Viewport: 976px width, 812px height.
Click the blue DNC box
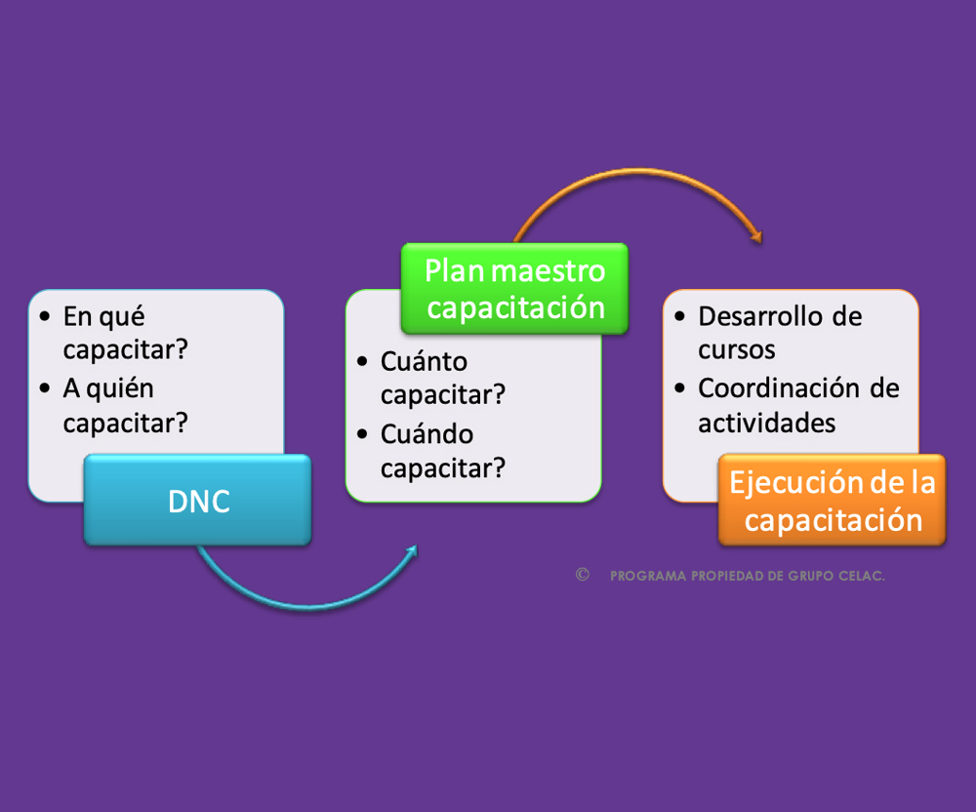point(198,501)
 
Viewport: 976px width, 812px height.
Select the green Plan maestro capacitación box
point(514,289)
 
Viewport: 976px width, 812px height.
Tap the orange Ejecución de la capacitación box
point(833,501)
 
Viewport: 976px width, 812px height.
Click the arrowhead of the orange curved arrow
point(756,236)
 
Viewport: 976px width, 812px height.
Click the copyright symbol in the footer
point(582,574)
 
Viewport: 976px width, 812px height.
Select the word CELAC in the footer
point(861,576)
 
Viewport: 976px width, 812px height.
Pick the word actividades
point(767,424)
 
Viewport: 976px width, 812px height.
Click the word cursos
point(736,350)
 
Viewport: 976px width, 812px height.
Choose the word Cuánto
point(424,361)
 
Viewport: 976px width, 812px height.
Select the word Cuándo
point(427,433)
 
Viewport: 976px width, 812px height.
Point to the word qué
point(123,318)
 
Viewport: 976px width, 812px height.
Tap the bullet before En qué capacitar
point(44,317)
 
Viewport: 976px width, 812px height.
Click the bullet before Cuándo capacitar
point(362,434)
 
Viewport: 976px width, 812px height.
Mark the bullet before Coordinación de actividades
point(679,388)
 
